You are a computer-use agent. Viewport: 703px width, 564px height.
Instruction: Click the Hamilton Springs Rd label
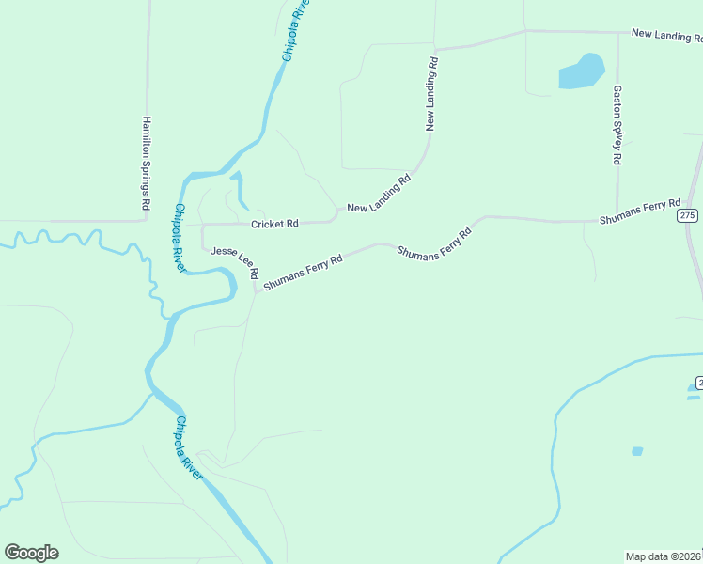(x=146, y=163)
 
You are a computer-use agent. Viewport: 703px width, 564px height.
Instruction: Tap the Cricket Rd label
(x=274, y=224)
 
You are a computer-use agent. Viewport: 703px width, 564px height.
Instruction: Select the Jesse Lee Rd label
(x=235, y=262)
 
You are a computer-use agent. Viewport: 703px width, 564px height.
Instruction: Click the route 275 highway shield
(x=688, y=215)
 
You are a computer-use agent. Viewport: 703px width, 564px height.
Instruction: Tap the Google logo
(x=31, y=553)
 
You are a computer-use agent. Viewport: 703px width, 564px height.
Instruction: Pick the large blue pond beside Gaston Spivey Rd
(x=582, y=71)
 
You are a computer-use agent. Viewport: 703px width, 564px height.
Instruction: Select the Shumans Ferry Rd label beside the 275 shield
(x=640, y=211)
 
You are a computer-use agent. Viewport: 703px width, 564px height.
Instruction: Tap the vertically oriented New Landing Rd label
(x=432, y=92)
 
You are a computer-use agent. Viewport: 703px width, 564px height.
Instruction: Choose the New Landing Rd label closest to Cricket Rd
(x=380, y=195)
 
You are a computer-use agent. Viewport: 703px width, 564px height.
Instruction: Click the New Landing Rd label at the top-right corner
(x=667, y=35)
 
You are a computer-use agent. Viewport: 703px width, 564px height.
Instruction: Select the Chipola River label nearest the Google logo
(x=189, y=447)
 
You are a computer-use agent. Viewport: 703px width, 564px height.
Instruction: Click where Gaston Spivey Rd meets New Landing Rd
(x=617, y=33)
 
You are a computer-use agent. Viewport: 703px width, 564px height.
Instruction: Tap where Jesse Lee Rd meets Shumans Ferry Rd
(x=256, y=290)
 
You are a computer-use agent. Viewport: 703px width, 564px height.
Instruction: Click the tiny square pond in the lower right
(x=637, y=451)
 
